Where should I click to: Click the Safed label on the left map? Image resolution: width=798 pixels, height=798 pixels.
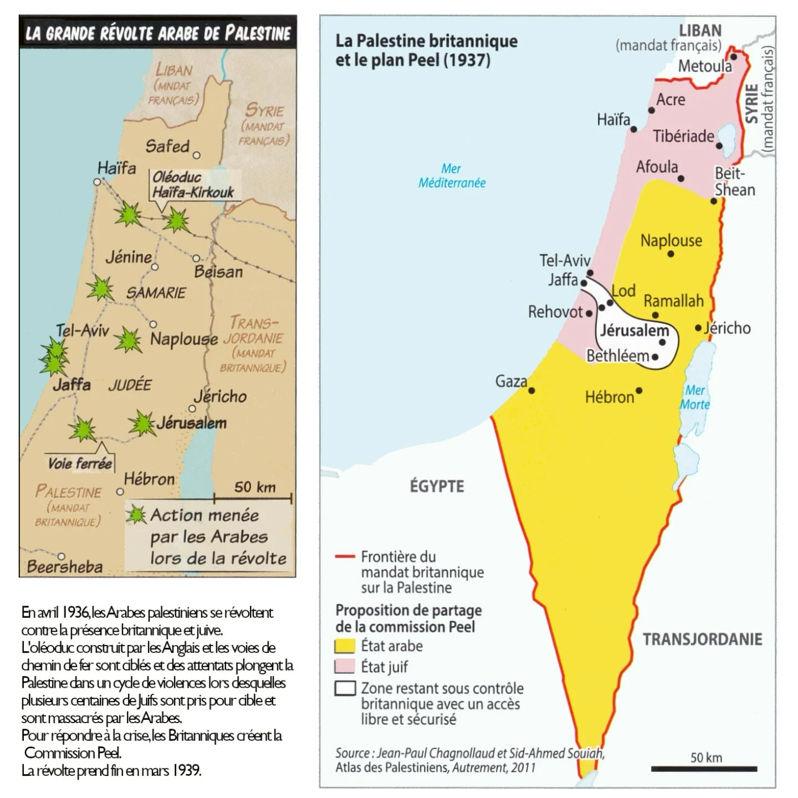pyautogui.click(x=167, y=146)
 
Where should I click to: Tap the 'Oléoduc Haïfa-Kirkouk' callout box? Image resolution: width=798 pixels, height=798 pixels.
pyautogui.click(x=193, y=185)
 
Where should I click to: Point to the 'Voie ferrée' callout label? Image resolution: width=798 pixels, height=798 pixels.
pyautogui.click(x=80, y=463)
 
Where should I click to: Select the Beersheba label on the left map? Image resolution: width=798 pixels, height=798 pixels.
pyautogui.click(x=65, y=566)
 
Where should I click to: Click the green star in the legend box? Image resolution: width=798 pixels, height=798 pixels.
pyautogui.click(x=136, y=515)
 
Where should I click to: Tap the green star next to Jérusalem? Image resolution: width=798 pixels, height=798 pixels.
pyautogui.click(x=142, y=424)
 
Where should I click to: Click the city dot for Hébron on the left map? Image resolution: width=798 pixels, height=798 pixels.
pyautogui.click(x=120, y=492)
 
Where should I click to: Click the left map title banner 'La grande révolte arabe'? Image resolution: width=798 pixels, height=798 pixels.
pyautogui.click(x=158, y=33)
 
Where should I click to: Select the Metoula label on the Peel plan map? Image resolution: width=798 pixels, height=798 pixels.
pyautogui.click(x=704, y=66)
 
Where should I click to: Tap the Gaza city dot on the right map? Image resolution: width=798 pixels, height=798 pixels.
pyautogui.click(x=531, y=391)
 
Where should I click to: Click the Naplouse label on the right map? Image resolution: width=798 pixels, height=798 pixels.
pyautogui.click(x=671, y=241)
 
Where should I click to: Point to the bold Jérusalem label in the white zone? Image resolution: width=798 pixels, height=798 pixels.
pyautogui.click(x=635, y=331)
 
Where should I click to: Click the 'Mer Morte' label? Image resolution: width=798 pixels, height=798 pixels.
pyautogui.click(x=695, y=397)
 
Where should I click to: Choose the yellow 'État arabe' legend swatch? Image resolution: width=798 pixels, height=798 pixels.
pyautogui.click(x=345, y=646)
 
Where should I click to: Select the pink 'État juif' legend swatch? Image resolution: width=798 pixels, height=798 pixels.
pyautogui.click(x=345, y=667)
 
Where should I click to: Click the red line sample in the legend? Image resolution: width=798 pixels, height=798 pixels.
pyautogui.click(x=345, y=557)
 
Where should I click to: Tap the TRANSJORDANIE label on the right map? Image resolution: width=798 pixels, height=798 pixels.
pyautogui.click(x=702, y=639)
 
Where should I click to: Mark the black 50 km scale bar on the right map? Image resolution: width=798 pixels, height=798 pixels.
pyautogui.click(x=704, y=769)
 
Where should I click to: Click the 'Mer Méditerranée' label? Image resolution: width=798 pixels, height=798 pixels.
pyautogui.click(x=452, y=176)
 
